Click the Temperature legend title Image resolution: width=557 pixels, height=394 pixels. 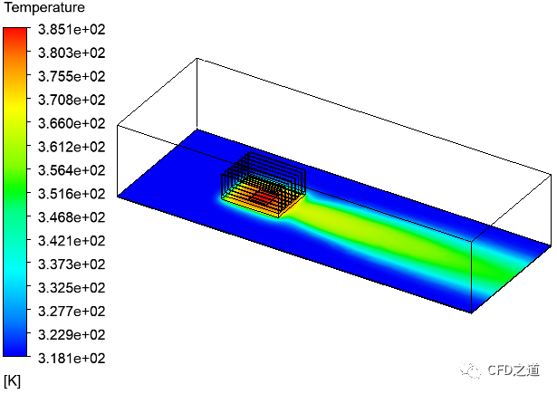pyautogui.click(x=44, y=7)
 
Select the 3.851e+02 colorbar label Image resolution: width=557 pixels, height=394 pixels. pyautogui.click(x=72, y=30)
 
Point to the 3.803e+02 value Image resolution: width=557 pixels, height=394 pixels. pyautogui.click(x=72, y=53)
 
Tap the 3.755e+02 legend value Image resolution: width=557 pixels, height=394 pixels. pyautogui.click(x=72, y=76)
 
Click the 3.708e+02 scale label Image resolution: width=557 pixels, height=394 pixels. pyautogui.click(x=72, y=100)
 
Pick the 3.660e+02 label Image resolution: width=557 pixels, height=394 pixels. pyautogui.click(x=72, y=123)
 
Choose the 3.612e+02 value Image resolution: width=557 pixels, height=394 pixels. pyautogui.click(x=72, y=147)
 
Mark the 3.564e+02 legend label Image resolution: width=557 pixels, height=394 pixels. pyautogui.click(x=72, y=170)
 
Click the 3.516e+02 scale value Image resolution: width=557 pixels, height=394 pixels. pyautogui.click(x=72, y=194)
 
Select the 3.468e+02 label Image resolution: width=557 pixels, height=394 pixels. pyautogui.click(x=72, y=217)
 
